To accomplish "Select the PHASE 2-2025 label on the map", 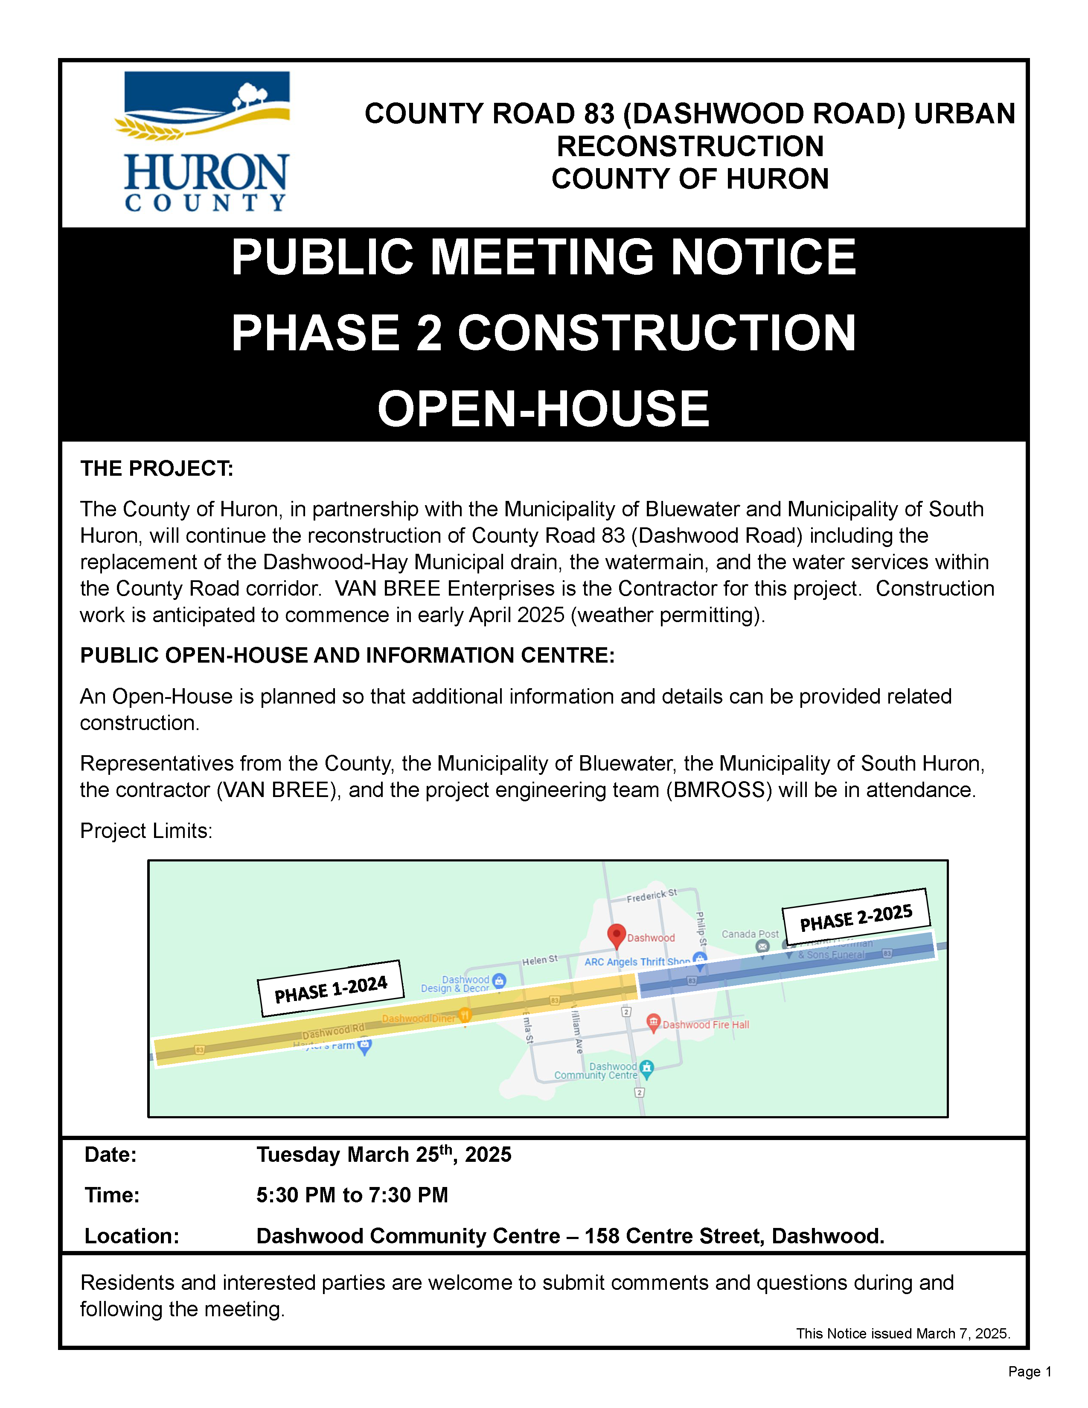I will click(x=856, y=917).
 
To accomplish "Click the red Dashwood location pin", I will click(x=616, y=935).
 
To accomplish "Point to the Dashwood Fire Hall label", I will click(x=705, y=1024).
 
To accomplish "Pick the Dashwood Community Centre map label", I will click(x=596, y=1071).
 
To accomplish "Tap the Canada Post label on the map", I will click(x=750, y=934).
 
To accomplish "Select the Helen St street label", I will click(x=539, y=960).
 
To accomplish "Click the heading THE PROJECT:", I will click(x=157, y=468).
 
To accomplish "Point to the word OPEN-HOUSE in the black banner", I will click(x=543, y=409).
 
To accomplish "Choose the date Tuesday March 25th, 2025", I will click(x=384, y=1154).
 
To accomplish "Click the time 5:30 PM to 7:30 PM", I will click(x=352, y=1195).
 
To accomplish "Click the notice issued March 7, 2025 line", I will click(x=903, y=1333).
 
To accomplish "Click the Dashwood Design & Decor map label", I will click(x=455, y=984).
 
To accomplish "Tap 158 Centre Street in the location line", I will click(x=674, y=1236).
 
